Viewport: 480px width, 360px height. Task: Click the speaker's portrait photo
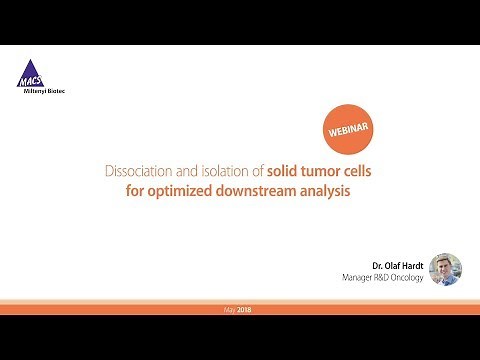pyautogui.click(x=445, y=268)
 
